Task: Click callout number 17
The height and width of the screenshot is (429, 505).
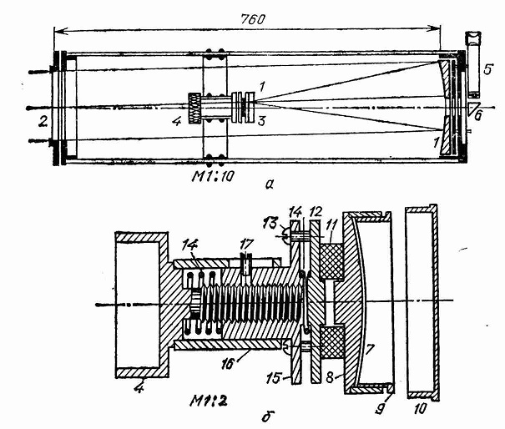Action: (x=243, y=243)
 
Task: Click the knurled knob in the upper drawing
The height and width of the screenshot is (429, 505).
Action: (x=195, y=109)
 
